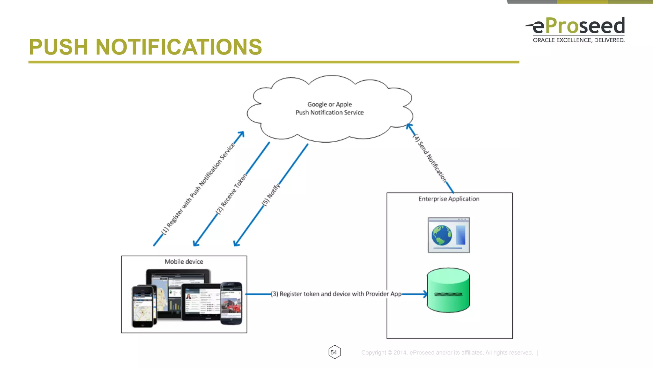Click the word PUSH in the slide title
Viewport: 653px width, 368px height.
point(58,47)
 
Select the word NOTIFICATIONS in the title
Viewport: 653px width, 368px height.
point(179,47)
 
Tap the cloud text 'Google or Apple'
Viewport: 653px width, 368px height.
point(329,104)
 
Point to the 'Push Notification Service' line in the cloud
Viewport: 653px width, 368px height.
point(329,113)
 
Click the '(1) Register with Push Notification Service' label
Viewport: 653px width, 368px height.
point(198,189)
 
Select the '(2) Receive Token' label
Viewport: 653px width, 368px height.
point(231,194)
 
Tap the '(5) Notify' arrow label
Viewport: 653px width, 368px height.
point(271,194)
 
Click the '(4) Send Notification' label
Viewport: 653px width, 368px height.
point(429,158)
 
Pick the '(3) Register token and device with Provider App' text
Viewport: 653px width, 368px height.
point(336,294)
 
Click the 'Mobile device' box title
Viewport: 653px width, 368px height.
point(184,262)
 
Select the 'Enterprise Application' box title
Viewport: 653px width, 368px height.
point(449,199)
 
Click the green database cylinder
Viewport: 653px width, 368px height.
point(448,290)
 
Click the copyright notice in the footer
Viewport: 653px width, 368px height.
point(447,353)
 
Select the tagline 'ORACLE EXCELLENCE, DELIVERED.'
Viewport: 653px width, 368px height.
point(578,40)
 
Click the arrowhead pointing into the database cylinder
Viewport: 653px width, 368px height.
point(425,294)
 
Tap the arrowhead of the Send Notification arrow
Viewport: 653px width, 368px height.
point(409,126)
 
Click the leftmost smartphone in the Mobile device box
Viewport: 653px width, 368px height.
point(143,307)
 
